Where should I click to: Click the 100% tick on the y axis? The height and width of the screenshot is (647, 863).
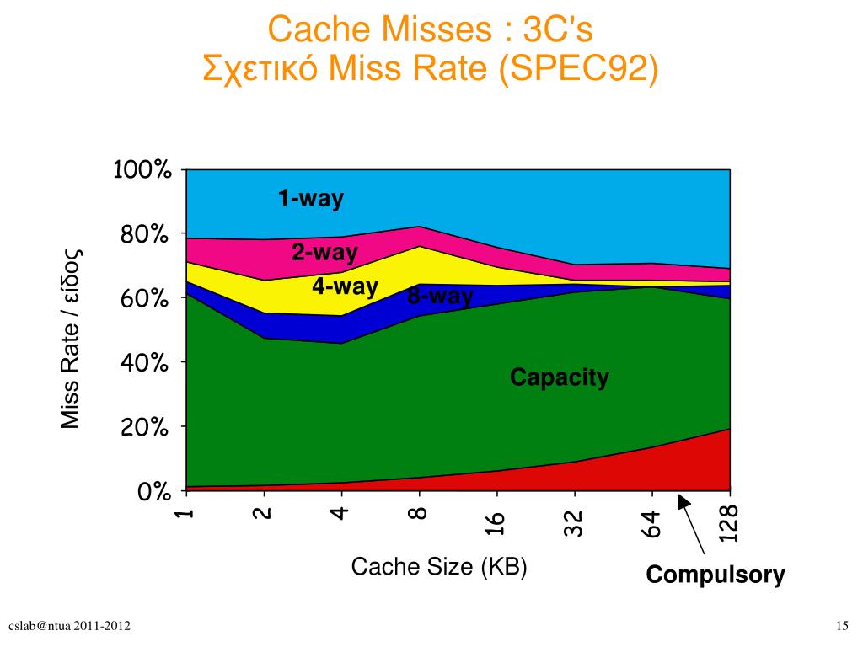(142, 170)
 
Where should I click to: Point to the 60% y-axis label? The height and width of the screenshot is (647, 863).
(146, 299)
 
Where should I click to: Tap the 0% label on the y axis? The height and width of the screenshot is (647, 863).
(154, 492)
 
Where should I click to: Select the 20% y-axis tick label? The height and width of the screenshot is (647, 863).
(146, 428)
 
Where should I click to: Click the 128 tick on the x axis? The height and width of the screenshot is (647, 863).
(729, 524)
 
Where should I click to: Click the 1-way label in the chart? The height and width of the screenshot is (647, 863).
(311, 199)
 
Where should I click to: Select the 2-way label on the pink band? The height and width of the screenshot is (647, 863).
(324, 253)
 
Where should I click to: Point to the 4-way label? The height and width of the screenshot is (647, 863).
(345, 286)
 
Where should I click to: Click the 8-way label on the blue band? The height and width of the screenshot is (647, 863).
(440, 297)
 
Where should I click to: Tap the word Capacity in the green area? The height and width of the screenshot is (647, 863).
(559, 377)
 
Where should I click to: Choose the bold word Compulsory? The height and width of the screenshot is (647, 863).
(716, 575)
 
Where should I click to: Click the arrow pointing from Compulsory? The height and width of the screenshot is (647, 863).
(693, 526)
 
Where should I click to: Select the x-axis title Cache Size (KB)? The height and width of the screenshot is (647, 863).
(438, 567)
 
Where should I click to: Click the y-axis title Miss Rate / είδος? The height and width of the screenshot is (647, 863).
(70, 337)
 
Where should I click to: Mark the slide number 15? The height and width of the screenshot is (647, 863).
(841, 625)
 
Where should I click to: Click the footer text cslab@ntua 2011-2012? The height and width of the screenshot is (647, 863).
(69, 625)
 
